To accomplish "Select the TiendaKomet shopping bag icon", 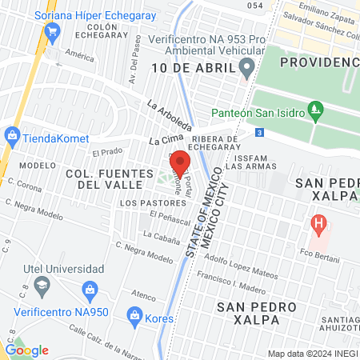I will (x=11, y=135).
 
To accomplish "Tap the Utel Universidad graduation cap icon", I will (x=42, y=284).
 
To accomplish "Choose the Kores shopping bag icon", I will (x=134, y=318).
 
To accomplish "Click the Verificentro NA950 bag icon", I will (x=90, y=288).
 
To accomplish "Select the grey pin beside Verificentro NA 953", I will (x=247, y=67).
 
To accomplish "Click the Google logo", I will (x=26, y=350).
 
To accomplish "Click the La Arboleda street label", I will (x=170, y=116).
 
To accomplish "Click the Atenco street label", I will (x=144, y=295).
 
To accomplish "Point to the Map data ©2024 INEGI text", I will (x=311, y=353).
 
